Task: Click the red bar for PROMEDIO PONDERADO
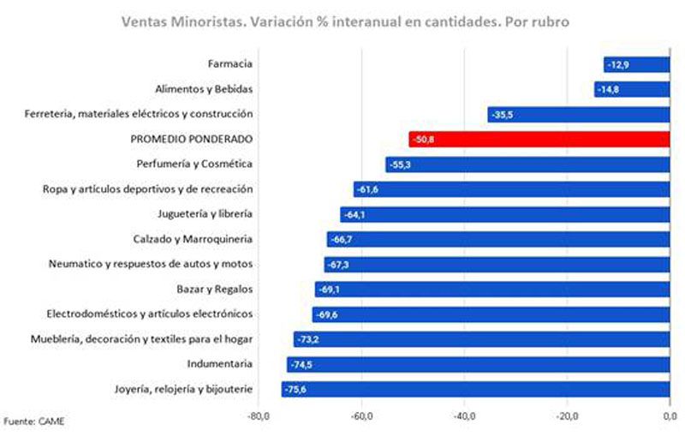click(539, 139)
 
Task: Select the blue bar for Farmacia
click(636, 64)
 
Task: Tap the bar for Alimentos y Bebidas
click(632, 89)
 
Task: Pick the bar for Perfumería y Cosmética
click(527, 164)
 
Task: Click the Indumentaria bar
click(478, 364)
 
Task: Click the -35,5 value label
click(503, 114)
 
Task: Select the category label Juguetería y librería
click(205, 213)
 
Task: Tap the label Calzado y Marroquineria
click(196, 238)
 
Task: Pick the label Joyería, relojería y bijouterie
click(183, 389)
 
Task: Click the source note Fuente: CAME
click(33, 421)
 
